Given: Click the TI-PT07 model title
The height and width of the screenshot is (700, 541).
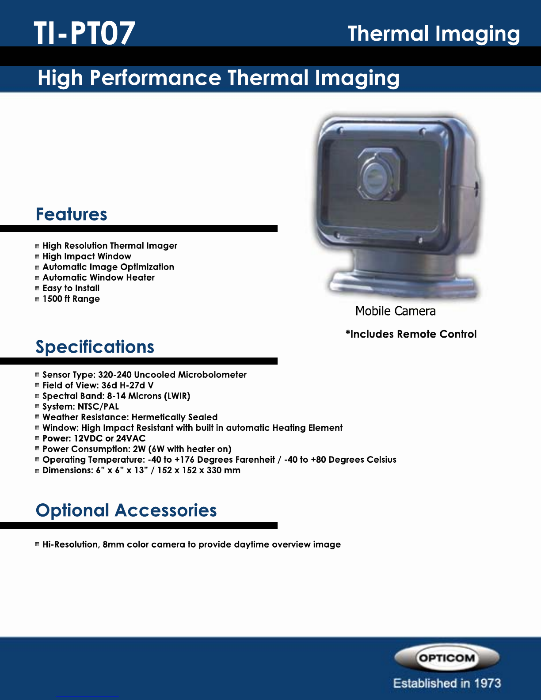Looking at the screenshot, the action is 85,33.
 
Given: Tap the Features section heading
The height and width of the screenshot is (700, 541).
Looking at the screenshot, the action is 71,214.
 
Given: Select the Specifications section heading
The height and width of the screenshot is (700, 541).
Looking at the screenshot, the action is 95,347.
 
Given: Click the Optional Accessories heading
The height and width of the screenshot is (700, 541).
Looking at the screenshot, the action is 126,510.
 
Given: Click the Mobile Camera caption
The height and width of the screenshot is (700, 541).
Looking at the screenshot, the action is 395,311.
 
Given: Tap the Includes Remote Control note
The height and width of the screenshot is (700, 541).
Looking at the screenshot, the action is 411,334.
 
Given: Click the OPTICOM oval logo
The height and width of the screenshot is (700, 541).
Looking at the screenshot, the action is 446,658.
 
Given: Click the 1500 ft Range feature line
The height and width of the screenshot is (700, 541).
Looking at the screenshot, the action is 71,299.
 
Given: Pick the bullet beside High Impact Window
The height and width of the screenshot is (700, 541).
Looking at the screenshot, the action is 37,257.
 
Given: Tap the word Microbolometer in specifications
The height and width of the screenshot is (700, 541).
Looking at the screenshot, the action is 212,375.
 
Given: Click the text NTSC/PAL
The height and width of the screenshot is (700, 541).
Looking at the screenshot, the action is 98,407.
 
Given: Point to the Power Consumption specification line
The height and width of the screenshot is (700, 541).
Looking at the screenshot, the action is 137,449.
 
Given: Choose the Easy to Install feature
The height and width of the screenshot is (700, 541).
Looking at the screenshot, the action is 71,288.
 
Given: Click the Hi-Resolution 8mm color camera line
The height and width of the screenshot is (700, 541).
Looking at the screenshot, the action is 192,544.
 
